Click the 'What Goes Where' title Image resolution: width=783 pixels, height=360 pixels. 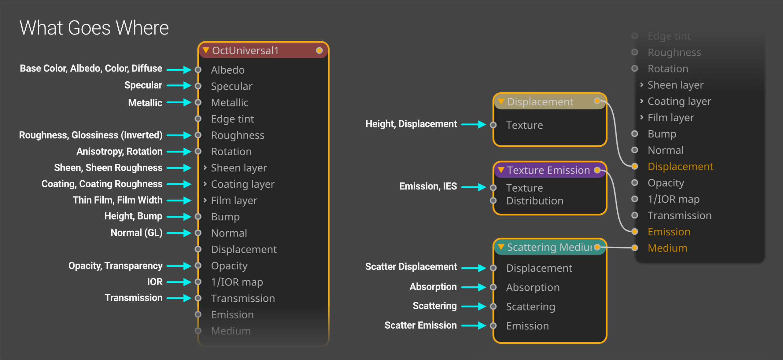(94, 28)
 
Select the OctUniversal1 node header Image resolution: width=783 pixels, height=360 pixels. (263, 50)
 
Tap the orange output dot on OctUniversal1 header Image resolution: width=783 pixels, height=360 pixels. (319, 50)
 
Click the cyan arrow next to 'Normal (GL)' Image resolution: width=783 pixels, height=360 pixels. (179, 233)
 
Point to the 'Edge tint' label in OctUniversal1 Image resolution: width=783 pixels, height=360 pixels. (232, 119)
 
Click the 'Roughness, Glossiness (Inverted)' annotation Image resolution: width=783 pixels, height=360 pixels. (91, 135)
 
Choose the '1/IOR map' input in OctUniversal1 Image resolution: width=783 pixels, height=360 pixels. (237, 282)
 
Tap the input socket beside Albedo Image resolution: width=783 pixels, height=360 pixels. (198, 70)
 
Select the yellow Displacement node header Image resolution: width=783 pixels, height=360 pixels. (550, 102)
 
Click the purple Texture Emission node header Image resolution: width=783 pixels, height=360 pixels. (550, 170)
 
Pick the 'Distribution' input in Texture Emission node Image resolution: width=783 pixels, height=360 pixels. (535, 201)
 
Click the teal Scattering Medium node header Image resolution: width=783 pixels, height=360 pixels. (550, 247)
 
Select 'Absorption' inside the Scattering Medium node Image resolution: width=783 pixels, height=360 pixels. (533, 288)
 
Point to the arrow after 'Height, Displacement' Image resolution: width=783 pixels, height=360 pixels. (474, 124)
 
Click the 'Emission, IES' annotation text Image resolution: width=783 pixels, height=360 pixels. (428, 186)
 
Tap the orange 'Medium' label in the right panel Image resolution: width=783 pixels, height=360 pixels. (667, 248)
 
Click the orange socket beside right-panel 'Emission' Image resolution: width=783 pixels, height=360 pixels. (635, 232)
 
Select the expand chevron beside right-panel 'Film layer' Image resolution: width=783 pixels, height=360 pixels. (642, 117)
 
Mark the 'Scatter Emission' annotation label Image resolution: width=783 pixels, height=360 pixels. (421, 325)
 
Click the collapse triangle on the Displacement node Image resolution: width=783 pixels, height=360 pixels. (501, 101)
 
